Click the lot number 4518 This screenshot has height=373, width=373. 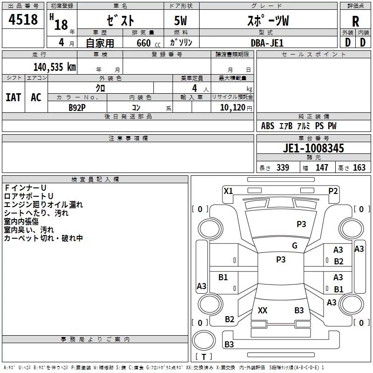(x=23, y=20)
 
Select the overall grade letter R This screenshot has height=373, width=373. (x=355, y=21)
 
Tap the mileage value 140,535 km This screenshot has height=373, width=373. (x=55, y=67)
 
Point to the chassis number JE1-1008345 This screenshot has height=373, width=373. (x=313, y=148)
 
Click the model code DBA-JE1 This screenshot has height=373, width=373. (x=267, y=43)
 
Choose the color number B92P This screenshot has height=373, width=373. (x=77, y=108)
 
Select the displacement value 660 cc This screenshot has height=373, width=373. (x=148, y=43)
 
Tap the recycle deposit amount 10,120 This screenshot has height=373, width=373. (x=232, y=108)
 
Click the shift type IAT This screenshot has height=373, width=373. (x=14, y=97)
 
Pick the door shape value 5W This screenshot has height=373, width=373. (x=180, y=21)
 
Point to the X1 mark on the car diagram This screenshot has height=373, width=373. (x=228, y=191)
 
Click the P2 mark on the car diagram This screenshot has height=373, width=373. (x=333, y=191)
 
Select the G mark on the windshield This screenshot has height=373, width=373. (x=295, y=246)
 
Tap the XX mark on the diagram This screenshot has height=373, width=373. (x=262, y=310)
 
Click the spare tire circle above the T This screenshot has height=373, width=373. (x=204, y=340)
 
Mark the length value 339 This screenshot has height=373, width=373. (x=283, y=167)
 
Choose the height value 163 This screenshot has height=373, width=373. (x=359, y=167)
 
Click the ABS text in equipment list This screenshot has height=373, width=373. (x=268, y=126)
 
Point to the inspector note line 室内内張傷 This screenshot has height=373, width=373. (x=21, y=221)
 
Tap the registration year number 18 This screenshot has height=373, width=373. (x=61, y=25)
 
